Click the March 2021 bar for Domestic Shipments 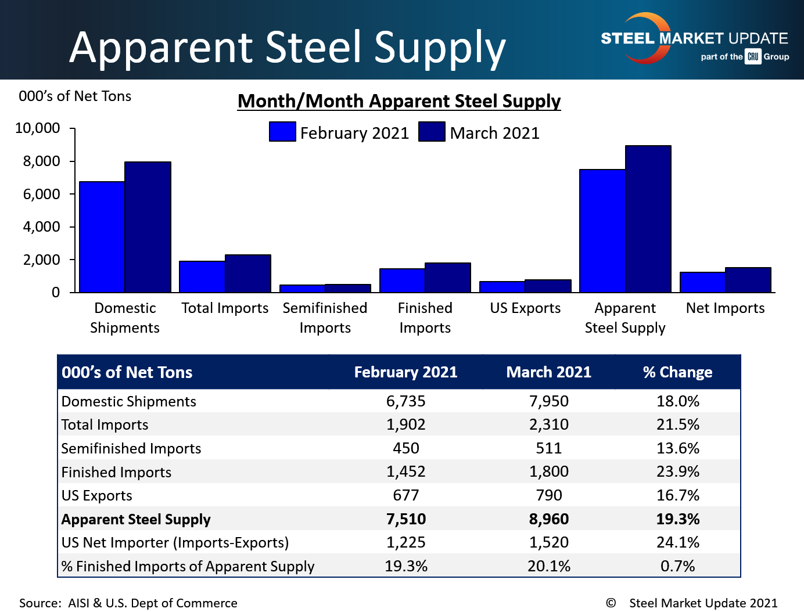(148, 227)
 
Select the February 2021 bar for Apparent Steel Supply (602, 231)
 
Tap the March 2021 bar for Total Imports (248, 273)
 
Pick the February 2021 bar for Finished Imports (402, 280)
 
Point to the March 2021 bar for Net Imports (748, 280)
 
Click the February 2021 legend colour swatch (282, 132)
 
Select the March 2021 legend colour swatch (432, 132)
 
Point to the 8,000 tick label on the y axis (41, 161)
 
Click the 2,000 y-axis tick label (41, 260)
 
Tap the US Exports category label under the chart (525, 308)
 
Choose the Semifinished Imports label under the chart (325, 318)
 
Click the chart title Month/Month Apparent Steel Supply (399, 101)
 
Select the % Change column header (677, 372)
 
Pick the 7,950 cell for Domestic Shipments (548, 401)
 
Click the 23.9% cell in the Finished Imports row (677, 471)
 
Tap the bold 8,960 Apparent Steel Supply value (548, 519)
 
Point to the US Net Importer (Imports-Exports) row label (175, 542)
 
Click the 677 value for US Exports (405, 495)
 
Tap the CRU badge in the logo (753, 56)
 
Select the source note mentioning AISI (128, 603)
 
